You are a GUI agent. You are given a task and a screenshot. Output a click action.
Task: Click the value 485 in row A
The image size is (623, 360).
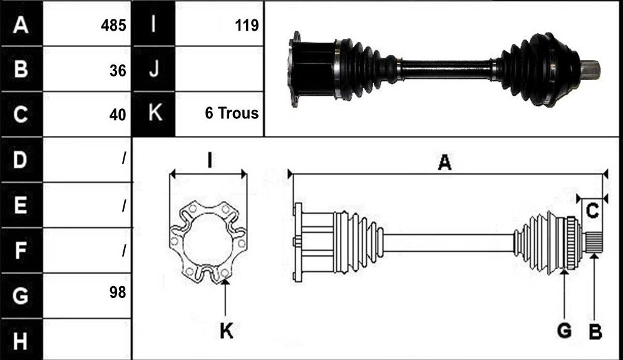[x=113, y=26]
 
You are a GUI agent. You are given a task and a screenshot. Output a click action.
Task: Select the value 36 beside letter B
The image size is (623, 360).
[x=118, y=71]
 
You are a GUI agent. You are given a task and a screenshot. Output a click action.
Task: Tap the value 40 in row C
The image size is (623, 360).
[x=118, y=115]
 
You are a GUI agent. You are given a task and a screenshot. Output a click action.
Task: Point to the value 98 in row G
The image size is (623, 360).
[x=118, y=292]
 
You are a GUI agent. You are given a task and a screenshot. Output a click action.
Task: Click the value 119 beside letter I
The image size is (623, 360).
[x=247, y=26]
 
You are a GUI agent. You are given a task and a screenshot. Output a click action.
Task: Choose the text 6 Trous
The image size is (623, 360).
[x=232, y=113]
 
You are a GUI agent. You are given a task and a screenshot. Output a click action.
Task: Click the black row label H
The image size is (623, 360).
[x=21, y=341]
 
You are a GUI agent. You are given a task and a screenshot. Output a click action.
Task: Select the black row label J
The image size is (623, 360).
[x=154, y=69]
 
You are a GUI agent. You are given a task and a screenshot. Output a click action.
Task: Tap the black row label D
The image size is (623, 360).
[x=21, y=160]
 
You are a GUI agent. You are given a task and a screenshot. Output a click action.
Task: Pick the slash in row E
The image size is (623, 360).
[x=124, y=205]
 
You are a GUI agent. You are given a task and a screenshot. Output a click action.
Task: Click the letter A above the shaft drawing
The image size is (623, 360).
[x=445, y=163]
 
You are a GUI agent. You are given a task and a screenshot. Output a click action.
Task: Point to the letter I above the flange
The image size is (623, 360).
[x=209, y=160]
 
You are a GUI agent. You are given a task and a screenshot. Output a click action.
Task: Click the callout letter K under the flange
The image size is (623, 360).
[x=227, y=331]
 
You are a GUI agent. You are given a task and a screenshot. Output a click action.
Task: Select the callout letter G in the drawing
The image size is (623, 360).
[x=564, y=331]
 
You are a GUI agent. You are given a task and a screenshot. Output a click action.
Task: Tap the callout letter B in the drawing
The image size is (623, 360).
[x=595, y=331]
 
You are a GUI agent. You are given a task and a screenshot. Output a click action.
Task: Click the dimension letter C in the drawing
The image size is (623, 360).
[x=592, y=210]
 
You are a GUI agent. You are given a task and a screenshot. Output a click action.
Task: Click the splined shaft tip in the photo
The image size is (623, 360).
[x=591, y=71]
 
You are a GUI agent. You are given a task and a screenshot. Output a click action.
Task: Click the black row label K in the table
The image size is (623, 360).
[x=154, y=113]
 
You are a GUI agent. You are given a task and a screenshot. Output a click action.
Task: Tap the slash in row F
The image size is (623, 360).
[x=124, y=250]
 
